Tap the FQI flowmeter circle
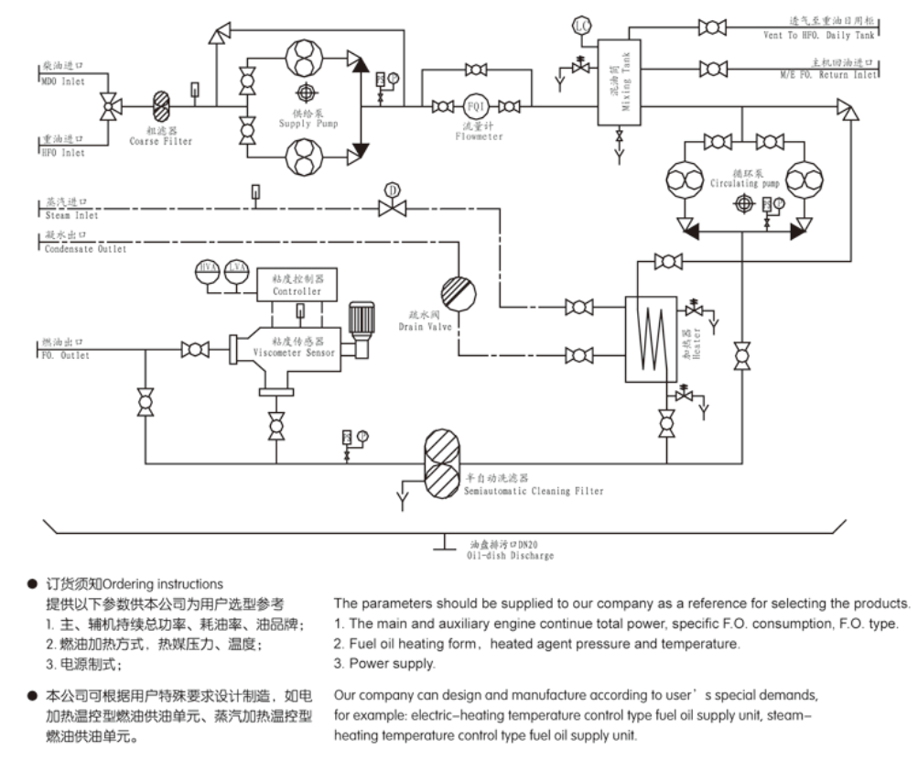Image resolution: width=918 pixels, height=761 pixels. (x=475, y=105)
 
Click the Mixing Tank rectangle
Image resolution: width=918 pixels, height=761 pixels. (x=620, y=82)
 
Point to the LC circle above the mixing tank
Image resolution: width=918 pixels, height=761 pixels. (x=580, y=25)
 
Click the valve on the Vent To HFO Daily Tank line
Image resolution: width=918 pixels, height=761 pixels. (x=712, y=27)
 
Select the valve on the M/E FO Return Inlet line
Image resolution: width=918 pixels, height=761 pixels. (x=712, y=69)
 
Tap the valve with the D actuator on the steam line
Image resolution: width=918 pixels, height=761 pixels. (x=392, y=208)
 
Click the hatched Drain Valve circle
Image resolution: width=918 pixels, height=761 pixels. (x=458, y=294)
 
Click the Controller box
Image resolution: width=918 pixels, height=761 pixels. (x=297, y=284)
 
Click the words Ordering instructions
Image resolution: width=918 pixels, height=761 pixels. (x=162, y=583)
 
